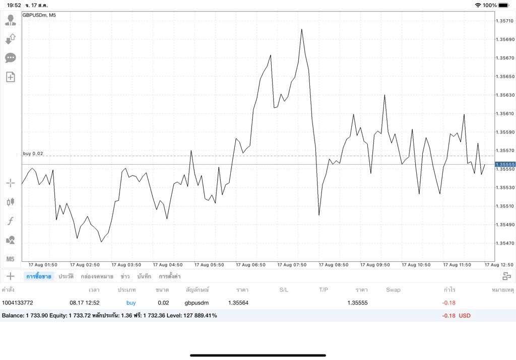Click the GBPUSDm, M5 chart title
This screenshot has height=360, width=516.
click(39, 15)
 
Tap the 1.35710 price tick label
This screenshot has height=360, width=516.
click(505, 21)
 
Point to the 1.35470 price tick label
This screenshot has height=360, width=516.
click(505, 243)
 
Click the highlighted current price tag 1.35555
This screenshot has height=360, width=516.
click(505, 164)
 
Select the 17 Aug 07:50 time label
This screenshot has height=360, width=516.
click(292, 265)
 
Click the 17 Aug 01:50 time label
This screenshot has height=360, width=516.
click(43, 265)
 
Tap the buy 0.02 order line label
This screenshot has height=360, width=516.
click(33, 154)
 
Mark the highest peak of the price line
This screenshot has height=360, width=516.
click(301, 29)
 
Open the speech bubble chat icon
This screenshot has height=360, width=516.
click(11, 58)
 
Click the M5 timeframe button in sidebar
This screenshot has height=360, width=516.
click(10, 259)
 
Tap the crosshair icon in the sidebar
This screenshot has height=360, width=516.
click(11, 183)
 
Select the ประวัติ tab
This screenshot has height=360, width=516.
click(66, 276)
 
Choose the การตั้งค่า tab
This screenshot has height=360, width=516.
click(169, 276)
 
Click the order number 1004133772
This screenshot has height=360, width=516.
click(18, 303)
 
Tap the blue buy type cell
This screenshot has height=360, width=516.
click(131, 303)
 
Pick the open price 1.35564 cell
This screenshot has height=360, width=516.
click(238, 303)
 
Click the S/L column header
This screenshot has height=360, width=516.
click(284, 290)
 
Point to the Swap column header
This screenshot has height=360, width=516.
click(393, 290)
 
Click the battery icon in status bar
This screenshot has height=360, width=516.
click(504, 5)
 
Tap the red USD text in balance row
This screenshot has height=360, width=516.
click(465, 316)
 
